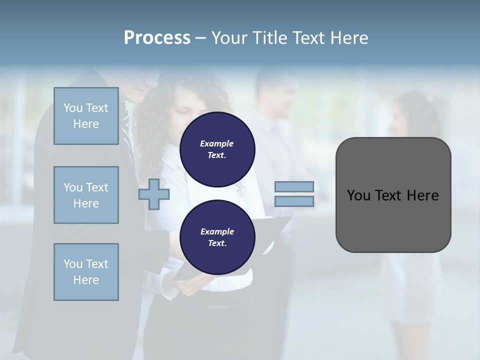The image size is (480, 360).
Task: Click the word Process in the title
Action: pos(157,38)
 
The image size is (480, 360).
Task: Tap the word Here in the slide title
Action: pos(348,38)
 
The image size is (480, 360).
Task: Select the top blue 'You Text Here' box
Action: pos(86,116)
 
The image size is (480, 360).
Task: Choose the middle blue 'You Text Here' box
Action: pos(86,195)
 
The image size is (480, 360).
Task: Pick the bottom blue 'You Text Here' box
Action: pos(86,272)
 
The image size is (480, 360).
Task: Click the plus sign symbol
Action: pos(154,194)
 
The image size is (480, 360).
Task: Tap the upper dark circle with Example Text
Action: pos(217,149)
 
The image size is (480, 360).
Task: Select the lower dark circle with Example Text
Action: pos(217,237)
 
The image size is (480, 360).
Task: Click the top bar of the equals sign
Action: pos(294,187)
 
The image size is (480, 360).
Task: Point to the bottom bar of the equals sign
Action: pos(294,201)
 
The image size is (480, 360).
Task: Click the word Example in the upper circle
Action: pos(216,143)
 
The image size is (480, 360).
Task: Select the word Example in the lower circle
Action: pos(217,231)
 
